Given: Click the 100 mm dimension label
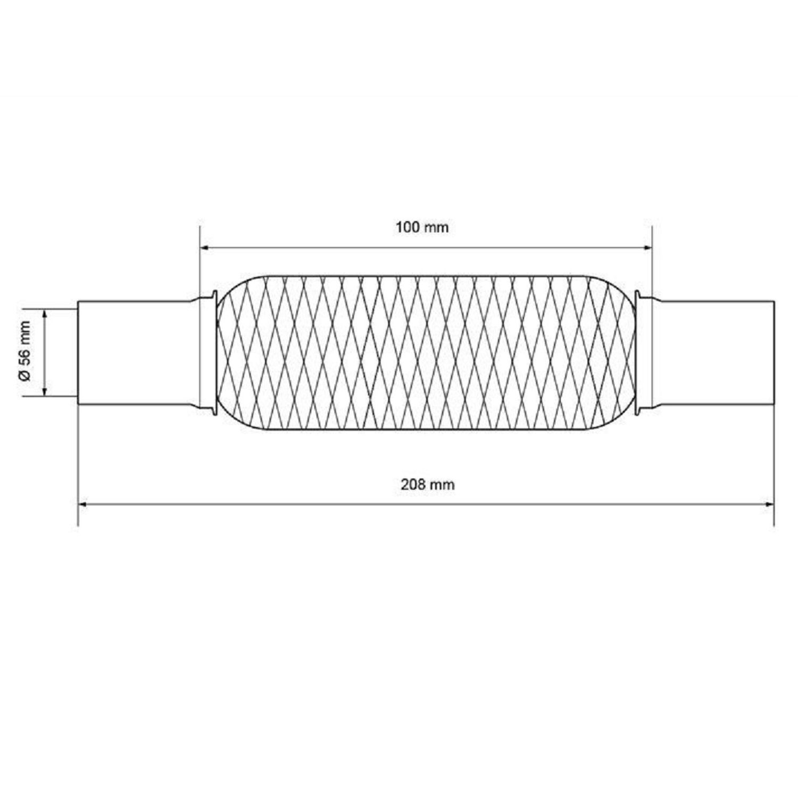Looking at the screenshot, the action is point(422,228).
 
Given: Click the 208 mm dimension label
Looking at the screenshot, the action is point(428,485).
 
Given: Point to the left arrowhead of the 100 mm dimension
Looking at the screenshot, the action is point(205,247).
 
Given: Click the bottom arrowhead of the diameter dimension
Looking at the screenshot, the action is point(45,389).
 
